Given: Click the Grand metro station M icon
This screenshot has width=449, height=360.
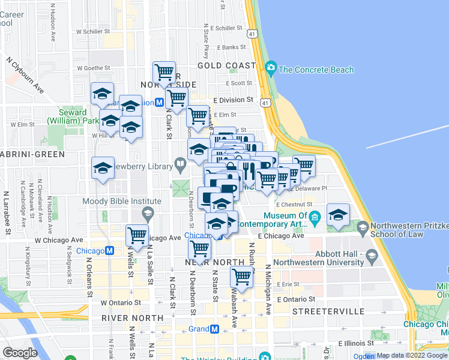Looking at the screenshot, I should [x=214, y=329].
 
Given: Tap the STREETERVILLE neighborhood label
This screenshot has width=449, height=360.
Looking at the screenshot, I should [x=328, y=312].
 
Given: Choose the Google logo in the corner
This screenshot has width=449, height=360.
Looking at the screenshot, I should [x=20, y=353].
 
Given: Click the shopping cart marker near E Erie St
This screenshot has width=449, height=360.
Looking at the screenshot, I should [x=241, y=278].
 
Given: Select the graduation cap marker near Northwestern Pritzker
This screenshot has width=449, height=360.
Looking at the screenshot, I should [x=339, y=215].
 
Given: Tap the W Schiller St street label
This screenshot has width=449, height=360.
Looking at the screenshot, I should [x=93, y=31].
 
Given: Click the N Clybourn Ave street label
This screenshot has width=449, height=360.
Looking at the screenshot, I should [x=26, y=74].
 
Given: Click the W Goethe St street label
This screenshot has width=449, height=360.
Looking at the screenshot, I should [x=96, y=68].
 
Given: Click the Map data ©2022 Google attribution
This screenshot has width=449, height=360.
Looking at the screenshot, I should [x=411, y=355].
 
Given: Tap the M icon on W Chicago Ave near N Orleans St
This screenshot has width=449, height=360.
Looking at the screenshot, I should [x=110, y=251].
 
